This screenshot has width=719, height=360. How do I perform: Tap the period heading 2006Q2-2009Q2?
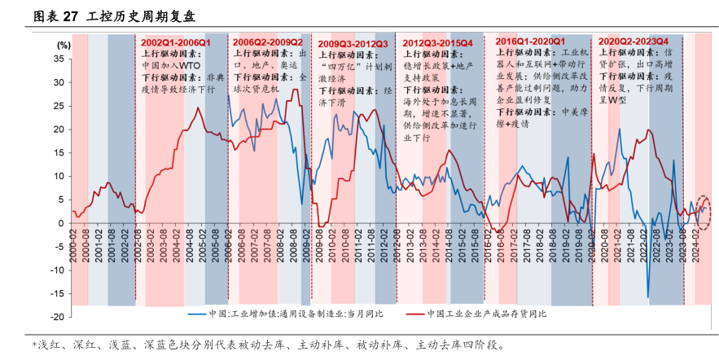(267, 42)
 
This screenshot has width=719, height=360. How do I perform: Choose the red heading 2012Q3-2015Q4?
(437, 42)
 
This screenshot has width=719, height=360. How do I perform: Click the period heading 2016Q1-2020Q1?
(531, 41)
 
